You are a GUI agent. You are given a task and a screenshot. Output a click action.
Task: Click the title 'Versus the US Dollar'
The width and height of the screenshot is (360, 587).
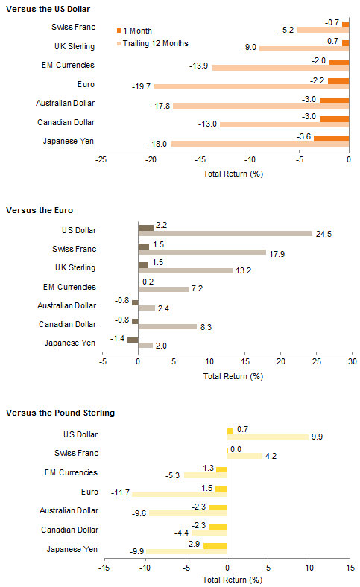(x=48, y=9)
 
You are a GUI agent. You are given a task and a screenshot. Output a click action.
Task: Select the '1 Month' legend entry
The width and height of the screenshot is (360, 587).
(x=134, y=31)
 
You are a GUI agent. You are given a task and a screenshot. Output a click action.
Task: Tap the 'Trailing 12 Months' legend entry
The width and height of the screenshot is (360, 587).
(x=153, y=43)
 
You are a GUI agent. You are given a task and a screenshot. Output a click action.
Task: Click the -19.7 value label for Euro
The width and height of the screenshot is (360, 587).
(x=141, y=86)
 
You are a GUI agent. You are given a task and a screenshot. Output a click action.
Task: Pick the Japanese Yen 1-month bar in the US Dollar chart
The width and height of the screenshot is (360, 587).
(x=331, y=138)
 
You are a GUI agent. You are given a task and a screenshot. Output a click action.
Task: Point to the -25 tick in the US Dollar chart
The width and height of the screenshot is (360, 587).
(x=101, y=159)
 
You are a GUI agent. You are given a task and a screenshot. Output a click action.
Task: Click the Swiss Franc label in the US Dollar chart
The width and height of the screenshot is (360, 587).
(x=74, y=27)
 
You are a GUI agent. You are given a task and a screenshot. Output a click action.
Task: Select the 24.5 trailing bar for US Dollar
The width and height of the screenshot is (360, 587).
(x=225, y=234)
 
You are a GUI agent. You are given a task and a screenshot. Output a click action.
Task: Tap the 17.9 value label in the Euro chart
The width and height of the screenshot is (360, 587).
(x=277, y=254)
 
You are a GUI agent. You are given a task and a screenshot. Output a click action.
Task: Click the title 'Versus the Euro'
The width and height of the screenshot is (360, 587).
(x=40, y=210)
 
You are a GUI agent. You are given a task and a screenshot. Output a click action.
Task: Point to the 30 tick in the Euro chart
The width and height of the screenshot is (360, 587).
(x=352, y=361)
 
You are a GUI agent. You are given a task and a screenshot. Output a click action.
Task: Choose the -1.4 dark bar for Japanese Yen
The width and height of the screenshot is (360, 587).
(x=133, y=340)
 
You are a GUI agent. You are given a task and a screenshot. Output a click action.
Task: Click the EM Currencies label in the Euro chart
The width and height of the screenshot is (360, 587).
(x=69, y=287)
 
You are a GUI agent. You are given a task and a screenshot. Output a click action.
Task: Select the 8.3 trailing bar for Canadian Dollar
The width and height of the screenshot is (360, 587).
(x=168, y=327)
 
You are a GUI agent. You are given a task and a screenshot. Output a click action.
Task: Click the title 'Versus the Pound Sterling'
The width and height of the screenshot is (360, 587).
(x=60, y=413)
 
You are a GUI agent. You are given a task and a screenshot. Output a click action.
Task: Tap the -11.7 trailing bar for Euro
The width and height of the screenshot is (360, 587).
(x=180, y=494)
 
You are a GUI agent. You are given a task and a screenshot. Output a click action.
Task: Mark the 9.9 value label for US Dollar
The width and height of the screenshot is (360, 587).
(x=317, y=437)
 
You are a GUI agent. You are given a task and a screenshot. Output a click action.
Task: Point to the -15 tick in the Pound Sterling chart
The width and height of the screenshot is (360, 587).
(x=104, y=568)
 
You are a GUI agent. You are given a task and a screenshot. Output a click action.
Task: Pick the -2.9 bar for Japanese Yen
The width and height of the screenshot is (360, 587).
(x=215, y=546)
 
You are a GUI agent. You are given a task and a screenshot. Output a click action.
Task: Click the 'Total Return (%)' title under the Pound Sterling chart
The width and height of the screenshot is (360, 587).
(x=233, y=580)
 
